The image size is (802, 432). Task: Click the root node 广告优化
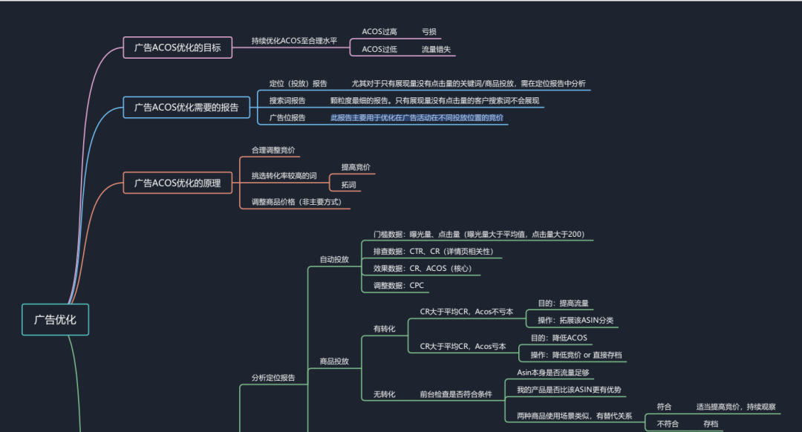55,320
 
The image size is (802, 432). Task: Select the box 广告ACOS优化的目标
177,48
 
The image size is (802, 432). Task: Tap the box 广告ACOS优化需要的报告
186,108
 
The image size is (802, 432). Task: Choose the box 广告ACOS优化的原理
177,183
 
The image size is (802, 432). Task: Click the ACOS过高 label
379,32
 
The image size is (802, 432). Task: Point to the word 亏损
429,32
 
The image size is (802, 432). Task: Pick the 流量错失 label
436,50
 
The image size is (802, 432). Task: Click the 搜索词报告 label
287,100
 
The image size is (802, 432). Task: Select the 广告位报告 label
287,117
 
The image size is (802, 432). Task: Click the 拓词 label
348,184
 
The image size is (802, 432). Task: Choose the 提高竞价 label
356,167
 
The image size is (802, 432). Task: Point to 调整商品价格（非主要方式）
296,202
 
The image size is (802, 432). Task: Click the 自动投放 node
334,260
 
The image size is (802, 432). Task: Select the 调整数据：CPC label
399,285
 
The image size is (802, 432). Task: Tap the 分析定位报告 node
268,378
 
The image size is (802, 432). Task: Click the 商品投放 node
334,361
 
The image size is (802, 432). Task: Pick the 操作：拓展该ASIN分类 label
576,321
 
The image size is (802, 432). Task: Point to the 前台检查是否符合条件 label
456,394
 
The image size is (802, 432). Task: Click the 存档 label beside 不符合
711,423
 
